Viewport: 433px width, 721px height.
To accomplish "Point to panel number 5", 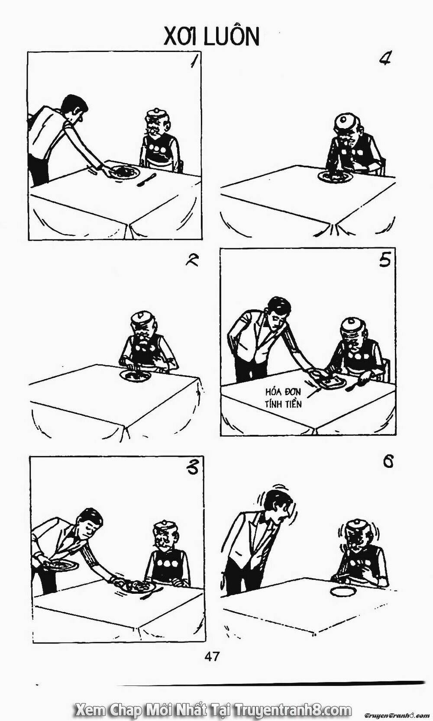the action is [385, 260].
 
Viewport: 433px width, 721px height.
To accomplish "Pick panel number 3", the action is [194, 469].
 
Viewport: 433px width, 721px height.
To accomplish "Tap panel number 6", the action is [388, 462].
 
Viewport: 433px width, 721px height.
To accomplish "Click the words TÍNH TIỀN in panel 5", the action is [283, 404].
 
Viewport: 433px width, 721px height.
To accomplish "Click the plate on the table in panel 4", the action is [334, 176].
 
